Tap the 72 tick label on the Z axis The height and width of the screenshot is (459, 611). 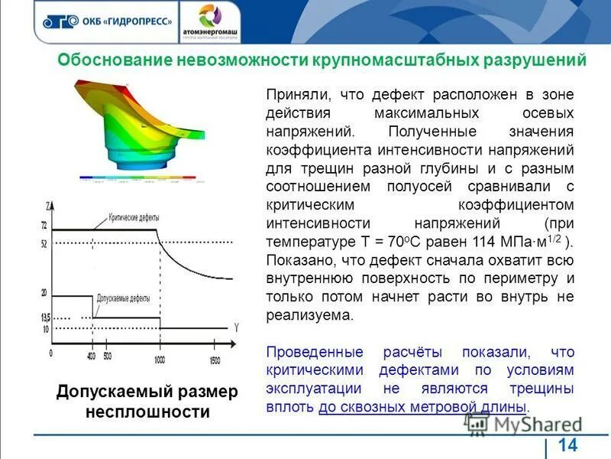tap(44, 226)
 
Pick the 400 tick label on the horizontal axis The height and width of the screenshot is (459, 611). tap(91, 356)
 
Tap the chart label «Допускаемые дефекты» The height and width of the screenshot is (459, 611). tap(123, 298)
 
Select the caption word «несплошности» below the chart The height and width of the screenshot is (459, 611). tap(147, 412)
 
